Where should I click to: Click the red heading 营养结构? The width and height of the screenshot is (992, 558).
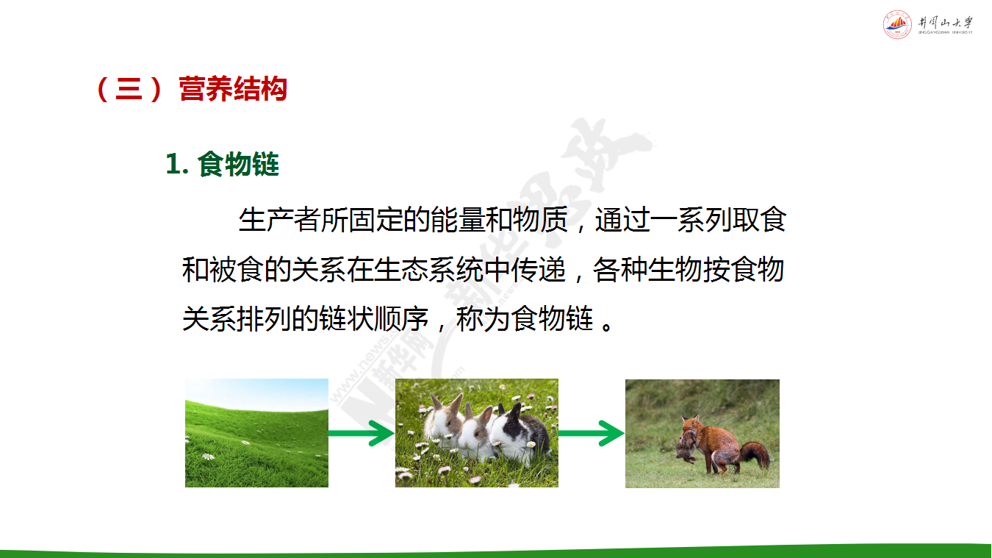point(233,89)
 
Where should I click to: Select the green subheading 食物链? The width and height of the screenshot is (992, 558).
point(238,165)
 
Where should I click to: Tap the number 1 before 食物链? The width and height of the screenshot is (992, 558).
point(173,165)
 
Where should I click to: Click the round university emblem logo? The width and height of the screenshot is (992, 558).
point(897,24)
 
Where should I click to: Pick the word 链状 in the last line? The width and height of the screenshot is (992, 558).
point(346,318)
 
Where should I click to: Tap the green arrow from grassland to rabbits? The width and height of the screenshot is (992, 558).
point(362,433)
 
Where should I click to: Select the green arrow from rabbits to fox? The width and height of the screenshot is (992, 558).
point(592,433)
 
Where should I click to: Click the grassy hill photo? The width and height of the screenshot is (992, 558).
point(257,433)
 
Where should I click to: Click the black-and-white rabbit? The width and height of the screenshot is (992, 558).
point(518,432)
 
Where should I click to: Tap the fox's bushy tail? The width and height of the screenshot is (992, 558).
point(755,454)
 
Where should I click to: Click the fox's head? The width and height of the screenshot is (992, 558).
point(691,425)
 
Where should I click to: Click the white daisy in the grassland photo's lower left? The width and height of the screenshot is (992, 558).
point(208,456)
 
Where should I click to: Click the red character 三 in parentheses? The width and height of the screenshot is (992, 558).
point(129,89)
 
